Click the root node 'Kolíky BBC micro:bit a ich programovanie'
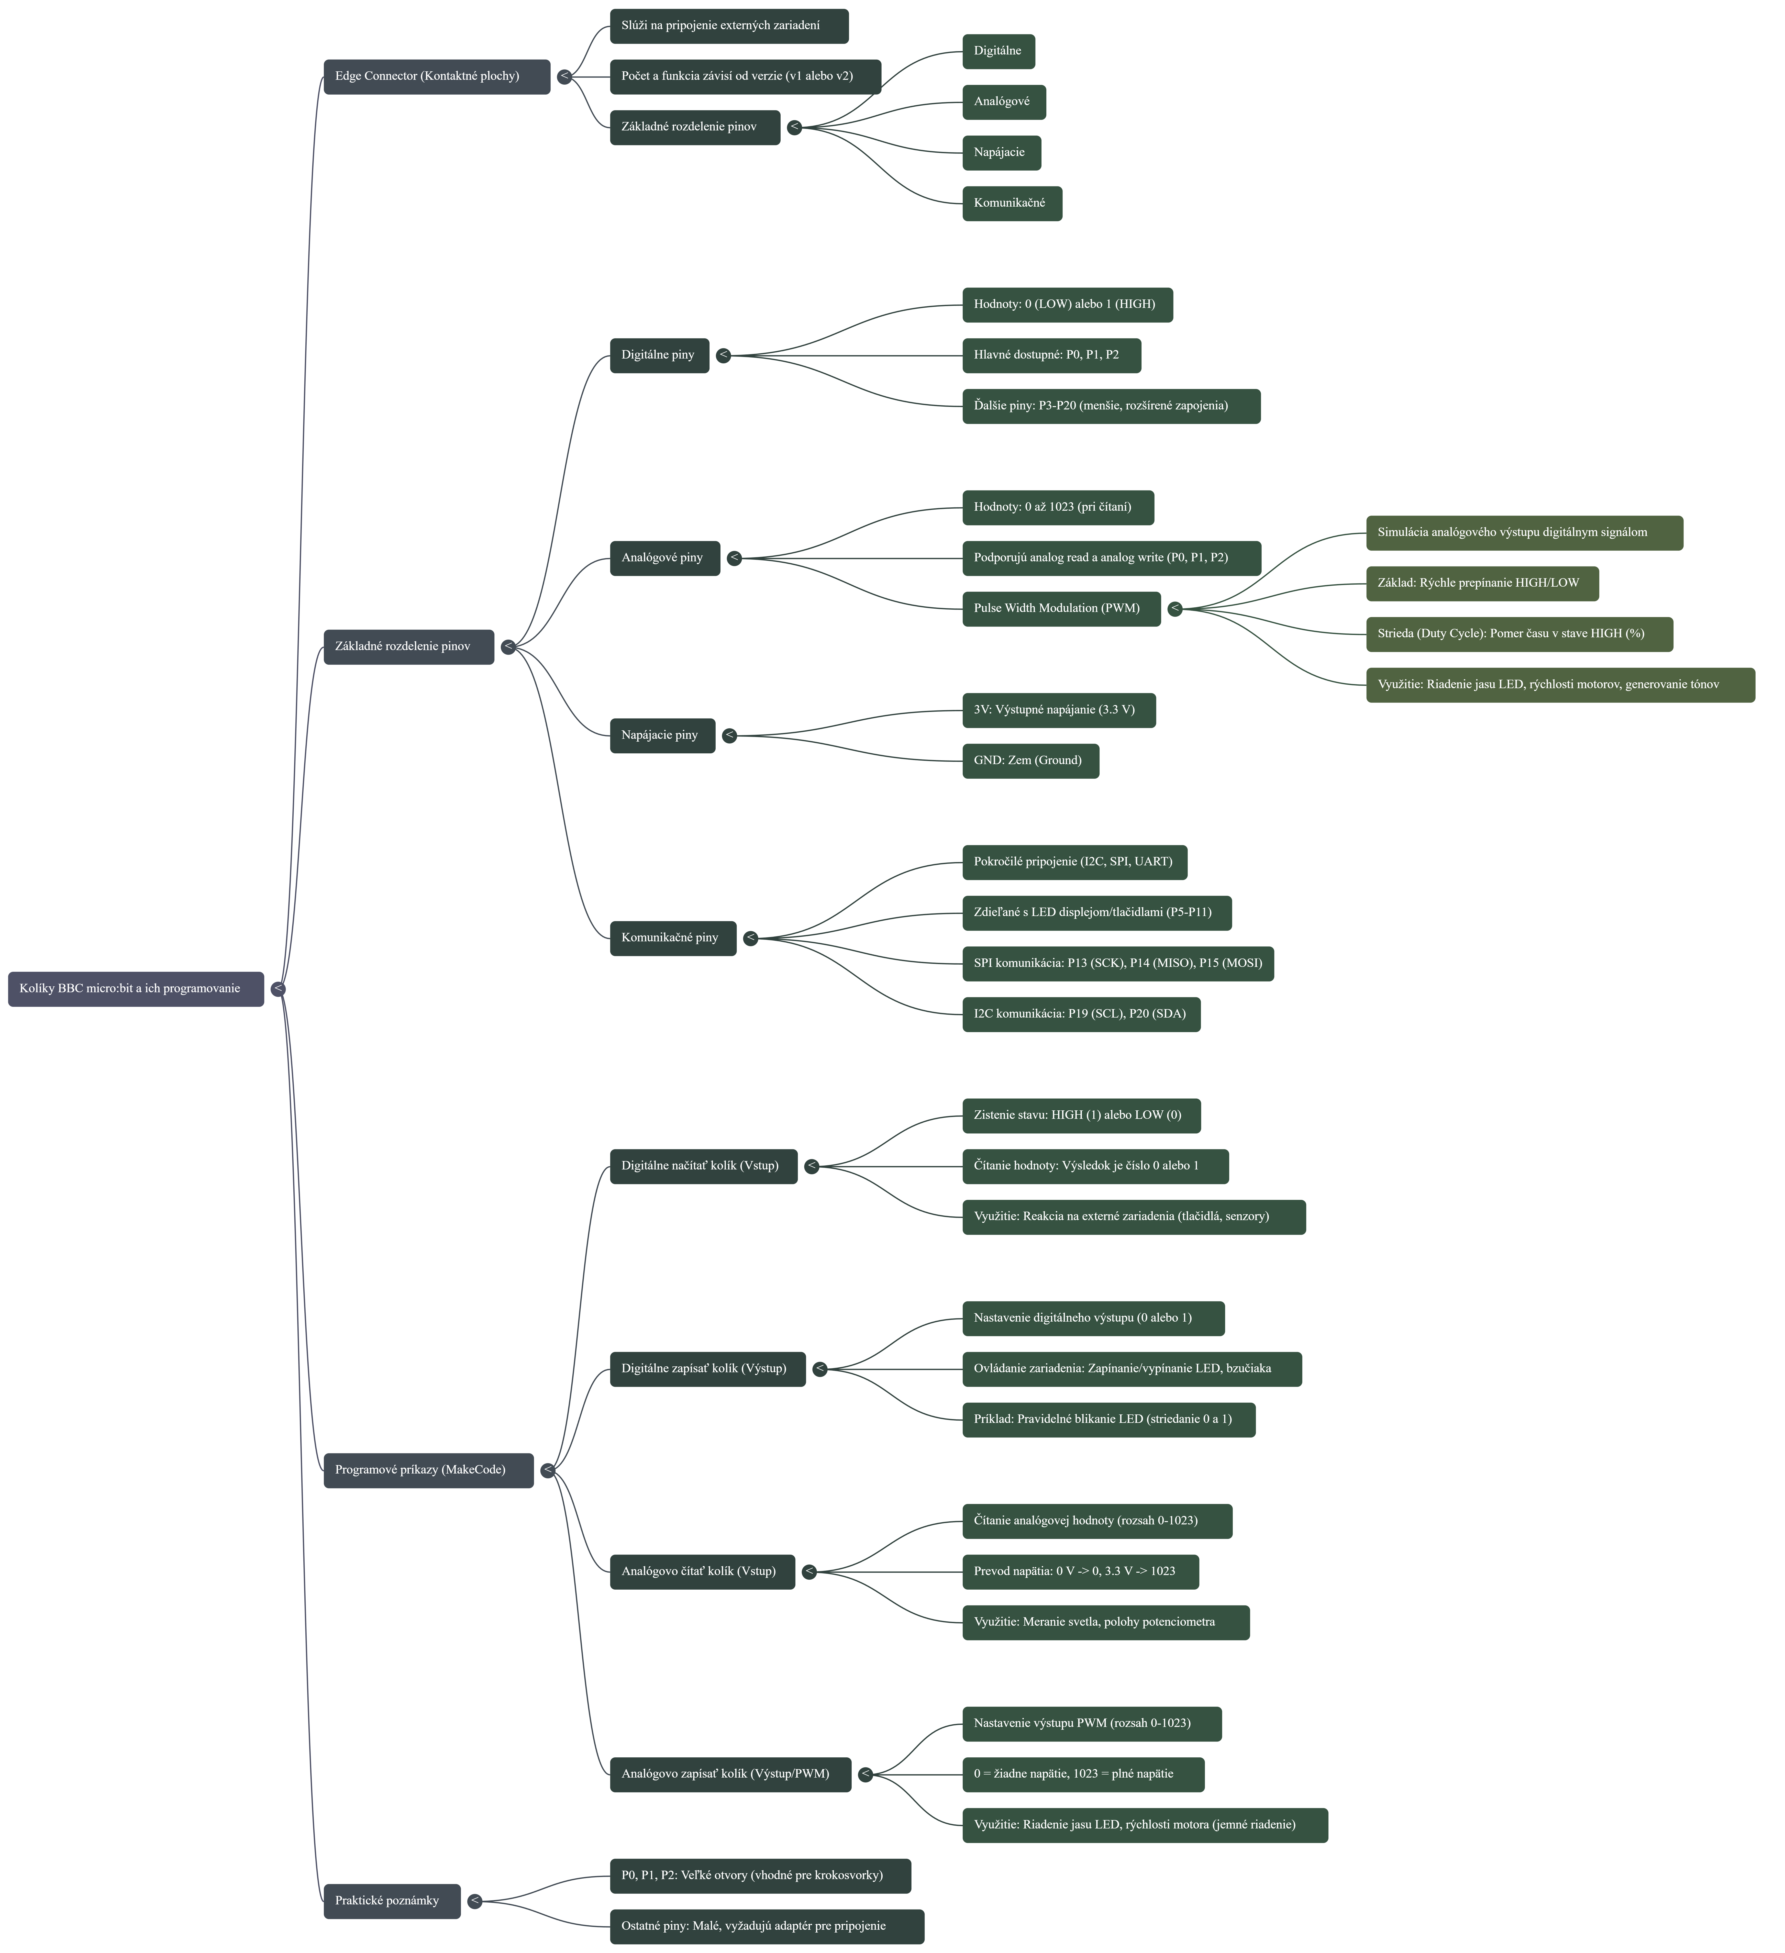click(136, 989)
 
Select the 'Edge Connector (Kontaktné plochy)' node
click(436, 76)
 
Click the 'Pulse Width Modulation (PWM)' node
click(1060, 608)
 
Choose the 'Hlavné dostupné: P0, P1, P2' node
click(1050, 355)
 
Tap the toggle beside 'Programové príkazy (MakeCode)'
click(548, 1470)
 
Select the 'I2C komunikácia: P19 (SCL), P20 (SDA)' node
click(1081, 1014)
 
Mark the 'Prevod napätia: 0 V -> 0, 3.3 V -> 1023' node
click(1080, 1571)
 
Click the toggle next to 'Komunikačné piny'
click(750, 938)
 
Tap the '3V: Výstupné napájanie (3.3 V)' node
click(1058, 710)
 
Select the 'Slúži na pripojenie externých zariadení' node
click(729, 26)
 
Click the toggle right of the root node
click(278, 989)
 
